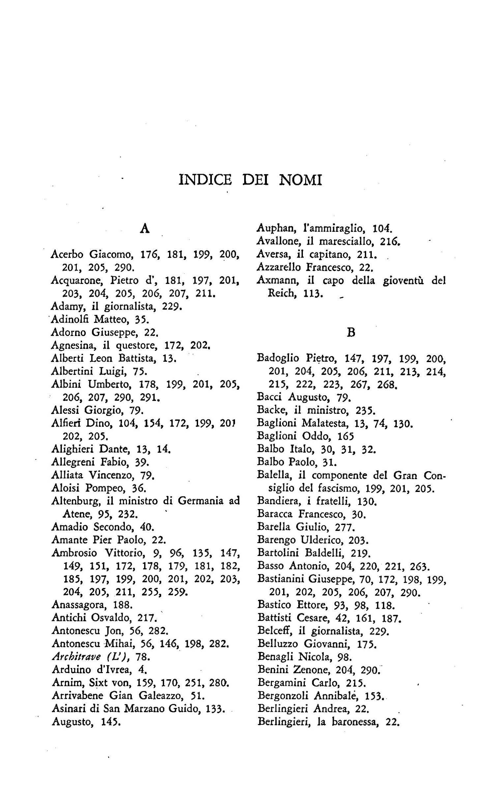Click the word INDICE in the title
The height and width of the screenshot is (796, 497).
coord(205,180)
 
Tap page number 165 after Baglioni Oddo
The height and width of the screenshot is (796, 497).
coord(346,436)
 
